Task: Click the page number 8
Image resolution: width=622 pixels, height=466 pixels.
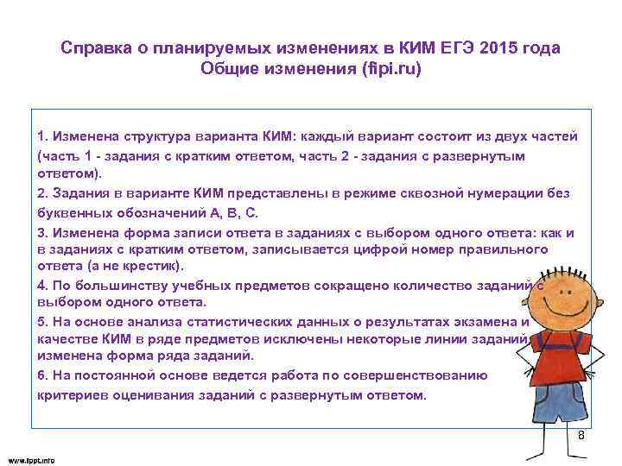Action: pos(581,435)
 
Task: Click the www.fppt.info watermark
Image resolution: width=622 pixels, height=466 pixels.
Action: pos(31,460)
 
